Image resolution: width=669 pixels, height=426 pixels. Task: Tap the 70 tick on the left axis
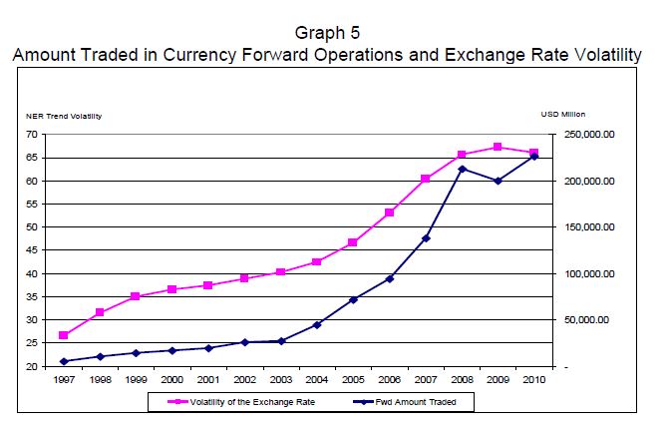tap(33, 135)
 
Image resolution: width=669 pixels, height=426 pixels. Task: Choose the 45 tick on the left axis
tap(33, 250)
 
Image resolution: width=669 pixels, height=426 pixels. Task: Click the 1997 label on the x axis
tap(64, 380)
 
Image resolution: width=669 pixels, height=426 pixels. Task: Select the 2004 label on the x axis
tap(317, 380)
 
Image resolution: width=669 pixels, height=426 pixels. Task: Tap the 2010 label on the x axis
tap(534, 380)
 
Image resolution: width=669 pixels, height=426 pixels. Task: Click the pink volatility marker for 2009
tap(498, 147)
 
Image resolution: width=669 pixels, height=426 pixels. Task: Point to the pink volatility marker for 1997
tap(64, 335)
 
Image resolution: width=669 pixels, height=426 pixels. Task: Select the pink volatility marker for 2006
tap(389, 213)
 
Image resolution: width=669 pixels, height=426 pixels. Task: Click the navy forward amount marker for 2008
tap(462, 169)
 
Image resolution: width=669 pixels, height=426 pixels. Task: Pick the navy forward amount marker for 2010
tap(534, 157)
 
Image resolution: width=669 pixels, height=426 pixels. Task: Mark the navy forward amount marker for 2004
tap(317, 324)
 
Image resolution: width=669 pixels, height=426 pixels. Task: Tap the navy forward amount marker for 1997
tap(64, 361)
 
